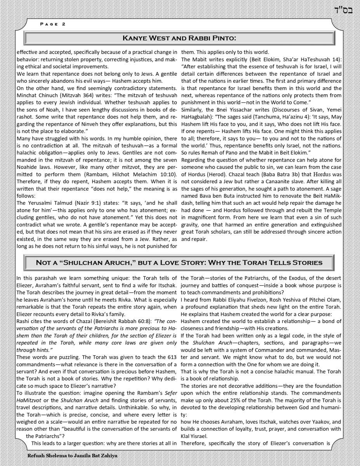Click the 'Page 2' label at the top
[x=53, y=24]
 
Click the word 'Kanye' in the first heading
[x=134, y=38]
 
